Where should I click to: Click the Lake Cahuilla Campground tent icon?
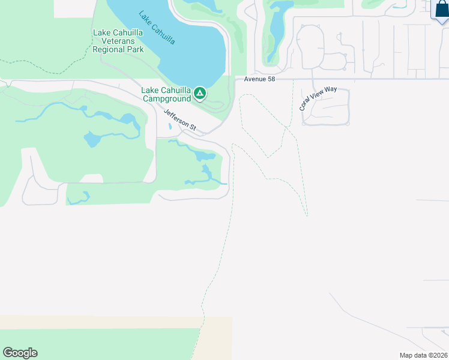(200, 94)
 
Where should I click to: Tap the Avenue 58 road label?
(259, 80)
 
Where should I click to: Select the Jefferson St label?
(180, 119)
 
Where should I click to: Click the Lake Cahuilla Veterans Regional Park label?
(118, 41)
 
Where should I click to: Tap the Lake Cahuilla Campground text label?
(165, 94)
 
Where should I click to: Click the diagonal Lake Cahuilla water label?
(157, 28)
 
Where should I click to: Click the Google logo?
(20, 353)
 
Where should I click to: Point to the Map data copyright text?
(424, 355)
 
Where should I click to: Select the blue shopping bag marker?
(441, 11)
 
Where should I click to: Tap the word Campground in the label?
(165, 98)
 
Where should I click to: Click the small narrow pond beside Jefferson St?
(170, 126)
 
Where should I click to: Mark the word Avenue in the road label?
(254, 80)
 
